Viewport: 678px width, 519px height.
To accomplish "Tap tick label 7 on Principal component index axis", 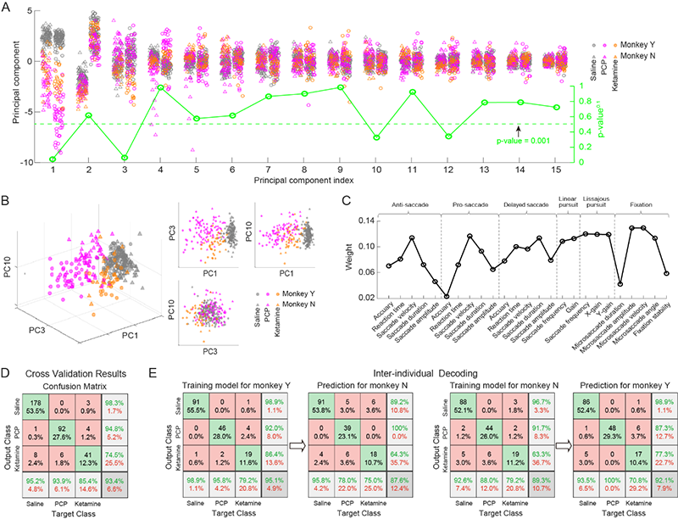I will click(268, 170).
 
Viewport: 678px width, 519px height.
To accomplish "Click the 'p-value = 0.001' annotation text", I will click(523, 141).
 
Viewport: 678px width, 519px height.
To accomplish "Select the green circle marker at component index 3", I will click(125, 159).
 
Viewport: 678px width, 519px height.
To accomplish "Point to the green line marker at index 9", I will click(341, 86).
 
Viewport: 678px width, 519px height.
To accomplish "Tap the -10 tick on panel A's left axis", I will click(27, 162).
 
